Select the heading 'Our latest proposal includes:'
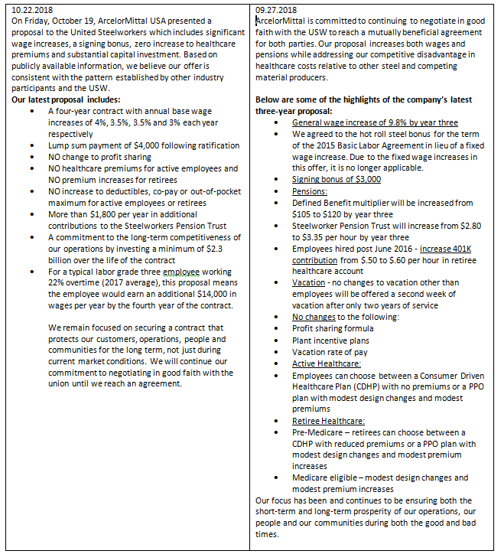(x=66, y=100)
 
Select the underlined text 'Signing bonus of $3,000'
(x=337, y=179)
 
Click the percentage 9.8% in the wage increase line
(x=386, y=122)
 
